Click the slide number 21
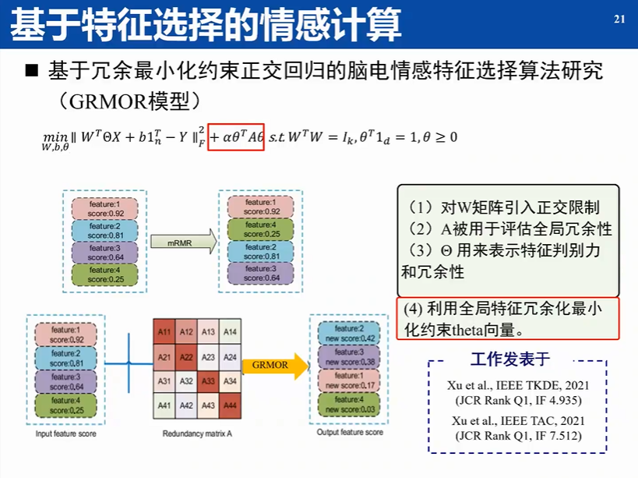click(620, 19)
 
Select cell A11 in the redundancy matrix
click(164, 332)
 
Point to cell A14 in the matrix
click(230, 332)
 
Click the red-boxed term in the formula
click(236, 136)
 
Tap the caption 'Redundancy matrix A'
click(198, 434)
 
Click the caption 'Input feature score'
click(65, 434)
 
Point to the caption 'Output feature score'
click(350, 432)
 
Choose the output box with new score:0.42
click(351, 334)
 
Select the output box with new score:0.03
click(351, 405)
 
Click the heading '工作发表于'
click(510, 359)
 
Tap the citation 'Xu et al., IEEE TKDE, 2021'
click(517, 386)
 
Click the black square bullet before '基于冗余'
click(32, 72)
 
